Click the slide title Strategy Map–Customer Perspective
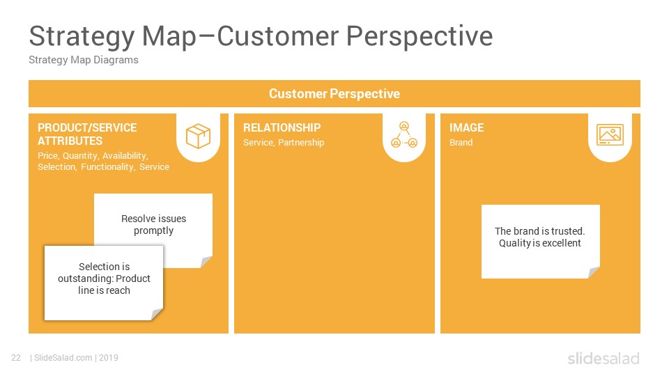(261, 36)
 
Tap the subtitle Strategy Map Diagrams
(84, 60)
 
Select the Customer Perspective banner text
(334, 94)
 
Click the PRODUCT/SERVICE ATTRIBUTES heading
(87, 134)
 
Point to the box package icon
(198, 136)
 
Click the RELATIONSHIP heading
(282, 127)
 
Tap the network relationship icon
(404, 134)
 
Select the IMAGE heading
(466, 127)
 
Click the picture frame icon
(610, 134)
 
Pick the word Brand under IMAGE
(461, 142)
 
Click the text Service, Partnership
(284, 142)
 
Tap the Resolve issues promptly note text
(153, 225)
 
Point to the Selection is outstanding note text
(104, 279)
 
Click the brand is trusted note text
(539, 237)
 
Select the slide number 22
(16, 358)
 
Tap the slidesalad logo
(603, 358)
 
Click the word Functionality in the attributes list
(108, 167)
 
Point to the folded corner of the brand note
(594, 272)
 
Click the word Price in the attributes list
(48, 156)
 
